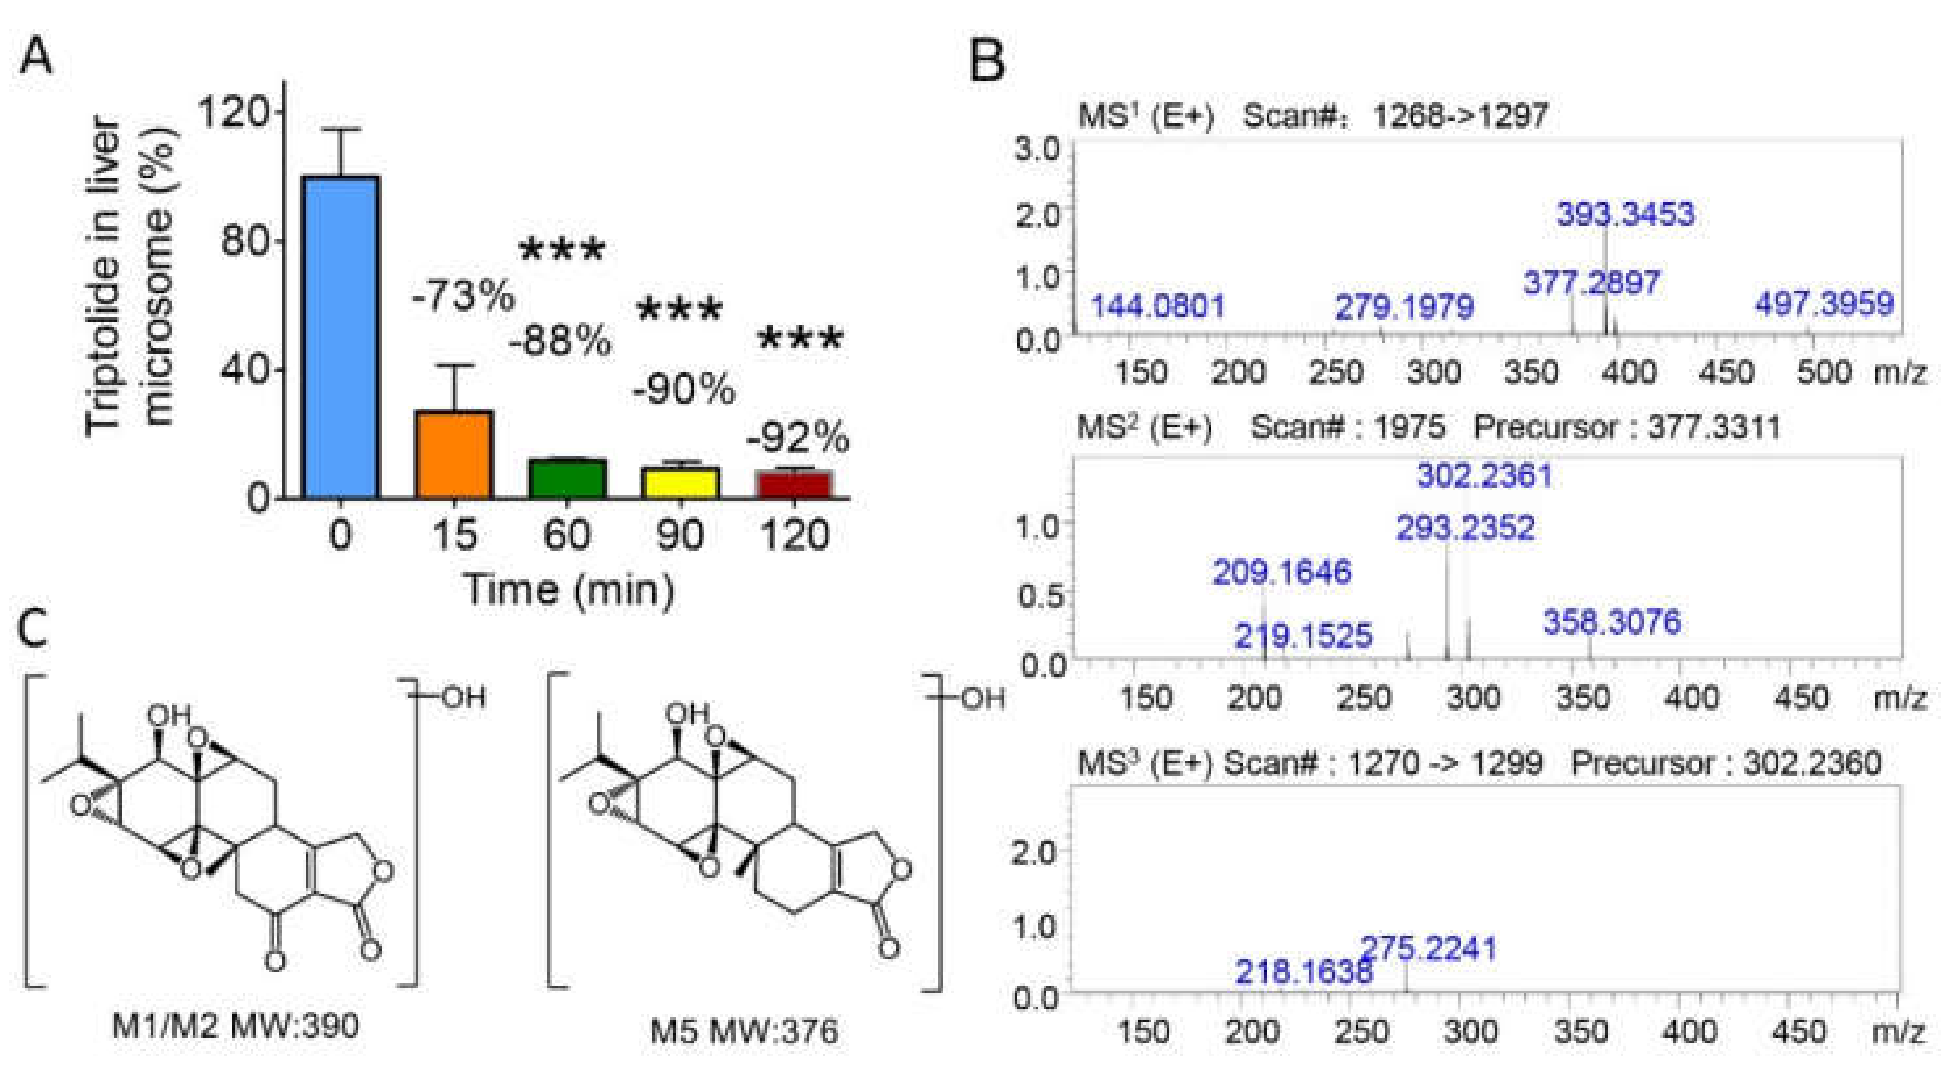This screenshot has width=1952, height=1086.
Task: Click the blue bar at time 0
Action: [x=340, y=337]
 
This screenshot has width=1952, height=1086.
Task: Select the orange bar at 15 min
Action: [x=454, y=455]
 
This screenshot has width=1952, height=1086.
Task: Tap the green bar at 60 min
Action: [x=567, y=479]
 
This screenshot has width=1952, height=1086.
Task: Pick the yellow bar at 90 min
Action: [x=680, y=483]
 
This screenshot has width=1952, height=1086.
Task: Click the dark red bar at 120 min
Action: [x=794, y=485]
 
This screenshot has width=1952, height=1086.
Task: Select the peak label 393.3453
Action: [x=1625, y=214]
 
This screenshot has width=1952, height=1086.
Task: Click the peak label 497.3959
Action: [x=1824, y=304]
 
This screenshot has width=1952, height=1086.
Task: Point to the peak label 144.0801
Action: [x=1157, y=307]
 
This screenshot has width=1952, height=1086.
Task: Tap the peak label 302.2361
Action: [x=1484, y=476]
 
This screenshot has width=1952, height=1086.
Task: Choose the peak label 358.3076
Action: [x=1612, y=622]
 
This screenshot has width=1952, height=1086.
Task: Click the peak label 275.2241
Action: [x=1429, y=948]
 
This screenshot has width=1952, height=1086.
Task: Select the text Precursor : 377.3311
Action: [x=1626, y=427]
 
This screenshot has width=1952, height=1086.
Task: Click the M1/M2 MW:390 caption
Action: [x=235, y=1027]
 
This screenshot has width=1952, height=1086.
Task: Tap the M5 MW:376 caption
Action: [x=744, y=1032]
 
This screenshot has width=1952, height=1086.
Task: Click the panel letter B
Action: [x=987, y=60]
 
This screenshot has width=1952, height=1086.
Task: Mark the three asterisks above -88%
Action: [x=562, y=250]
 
